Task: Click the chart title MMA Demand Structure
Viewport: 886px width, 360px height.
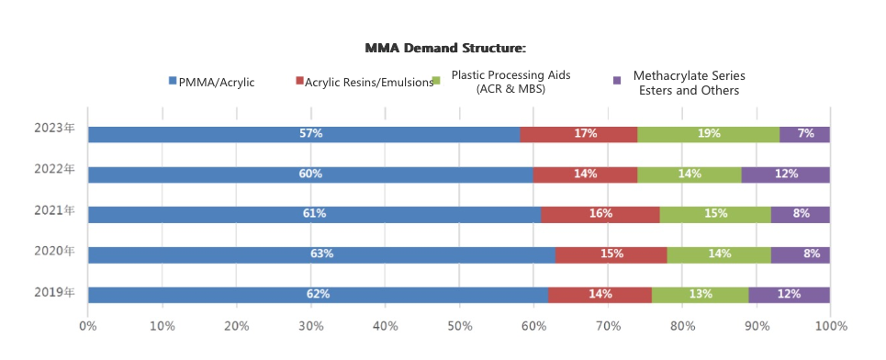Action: [x=445, y=48]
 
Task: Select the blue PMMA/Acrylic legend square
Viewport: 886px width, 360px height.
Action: [x=173, y=81]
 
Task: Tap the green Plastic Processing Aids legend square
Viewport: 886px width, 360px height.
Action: [x=437, y=81]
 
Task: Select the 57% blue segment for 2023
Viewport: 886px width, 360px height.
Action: [x=304, y=134]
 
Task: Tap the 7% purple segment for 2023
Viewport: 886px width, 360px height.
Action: [x=805, y=134]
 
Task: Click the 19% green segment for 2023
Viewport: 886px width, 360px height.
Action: [x=708, y=134]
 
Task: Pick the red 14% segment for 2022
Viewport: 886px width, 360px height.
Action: [x=585, y=174]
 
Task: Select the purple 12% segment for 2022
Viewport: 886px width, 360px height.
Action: [x=786, y=174]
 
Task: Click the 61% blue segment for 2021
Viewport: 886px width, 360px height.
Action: [x=314, y=214]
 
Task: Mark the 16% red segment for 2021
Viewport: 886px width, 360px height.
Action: [x=600, y=214]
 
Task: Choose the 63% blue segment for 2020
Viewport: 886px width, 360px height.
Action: [x=321, y=254]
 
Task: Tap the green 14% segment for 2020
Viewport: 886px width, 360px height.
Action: [x=719, y=254]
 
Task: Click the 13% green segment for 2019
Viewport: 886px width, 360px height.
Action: [x=700, y=295]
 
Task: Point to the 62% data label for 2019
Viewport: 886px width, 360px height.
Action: [x=318, y=295]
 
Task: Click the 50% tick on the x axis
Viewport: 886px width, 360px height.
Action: [x=459, y=325]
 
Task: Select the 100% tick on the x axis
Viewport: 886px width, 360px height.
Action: [x=829, y=325]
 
